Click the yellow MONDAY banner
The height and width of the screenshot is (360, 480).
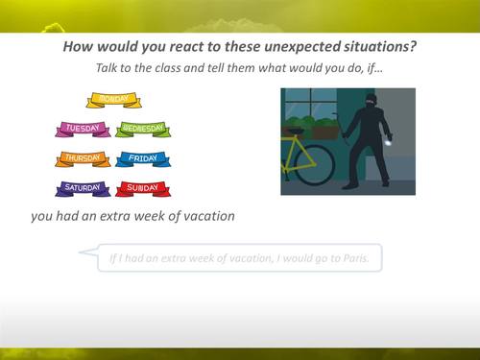point(113,100)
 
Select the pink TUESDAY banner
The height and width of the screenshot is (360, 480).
point(84,129)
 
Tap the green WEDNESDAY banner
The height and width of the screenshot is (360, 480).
point(144,129)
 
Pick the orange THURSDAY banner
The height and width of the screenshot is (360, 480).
point(84,159)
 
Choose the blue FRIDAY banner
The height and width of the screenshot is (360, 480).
point(144,159)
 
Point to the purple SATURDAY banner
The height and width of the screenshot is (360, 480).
point(84,189)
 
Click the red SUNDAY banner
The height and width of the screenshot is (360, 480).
point(144,189)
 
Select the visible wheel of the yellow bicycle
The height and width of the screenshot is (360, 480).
point(311,164)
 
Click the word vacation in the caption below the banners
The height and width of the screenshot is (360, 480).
point(204,216)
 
